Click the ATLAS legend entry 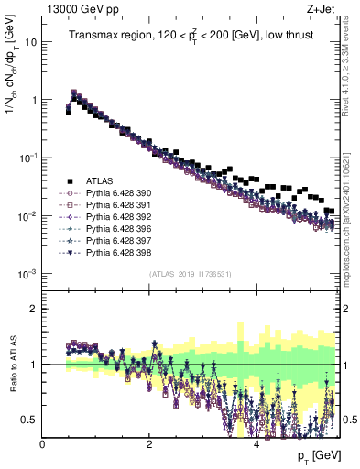[100, 181]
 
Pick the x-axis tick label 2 [149, 443]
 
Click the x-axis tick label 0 [42, 443]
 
